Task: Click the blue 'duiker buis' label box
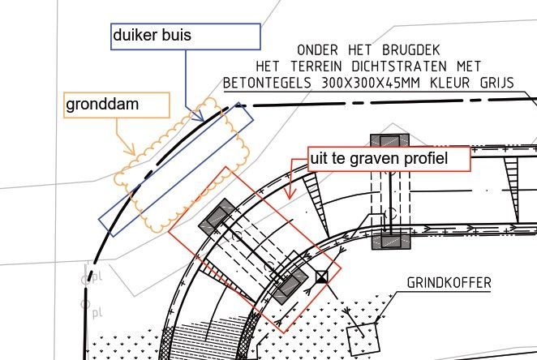185,36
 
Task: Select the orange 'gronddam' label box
116,105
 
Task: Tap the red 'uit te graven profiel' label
389,159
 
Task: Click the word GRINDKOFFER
449,284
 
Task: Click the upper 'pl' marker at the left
94,278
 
